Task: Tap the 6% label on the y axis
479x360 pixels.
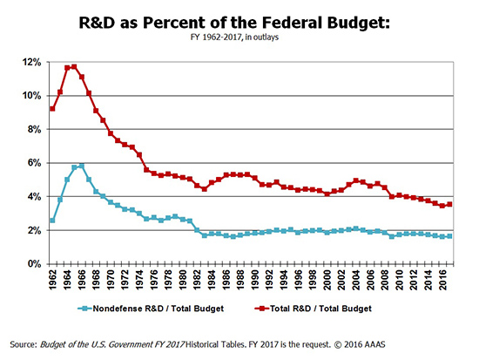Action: pyautogui.click(x=33, y=163)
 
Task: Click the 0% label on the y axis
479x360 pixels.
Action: pyautogui.click(x=33, y=264)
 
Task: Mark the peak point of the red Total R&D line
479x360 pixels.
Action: pyautogui.click(x=74, y=66)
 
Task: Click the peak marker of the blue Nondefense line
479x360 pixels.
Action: pyautogui.click(x=81, y=166)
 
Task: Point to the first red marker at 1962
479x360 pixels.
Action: pyautogui.click(x=52, y=109)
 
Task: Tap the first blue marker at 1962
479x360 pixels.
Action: pyautogui.click(x=52, y=221)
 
